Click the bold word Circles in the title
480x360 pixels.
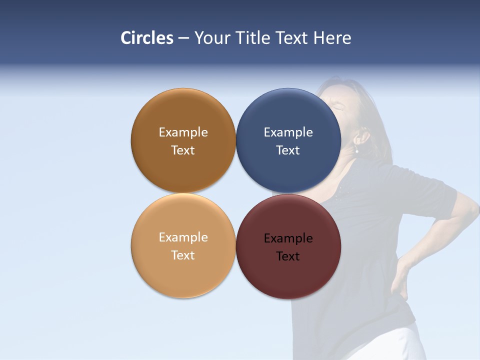pyautogui.click(x=147, y=38)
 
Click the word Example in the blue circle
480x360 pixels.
pyautogui.click(x=288, y=132)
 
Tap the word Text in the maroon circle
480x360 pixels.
pyautogui.click(x=288, y=256)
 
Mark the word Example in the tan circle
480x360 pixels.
pyautogui.click(x=183, y=237)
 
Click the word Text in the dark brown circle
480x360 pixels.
pyautogui.click(x=183, y=150)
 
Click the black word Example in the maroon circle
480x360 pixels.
pyautogui.click(x=288, y=238)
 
